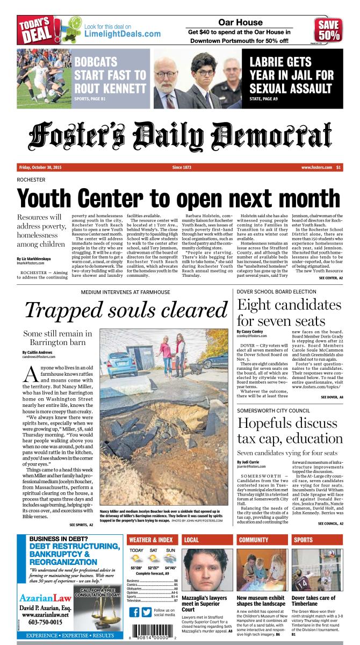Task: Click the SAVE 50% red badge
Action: (x=328, y=31)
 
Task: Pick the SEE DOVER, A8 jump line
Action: (x=332, y=396)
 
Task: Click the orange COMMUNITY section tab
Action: (x=254, y=540)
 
